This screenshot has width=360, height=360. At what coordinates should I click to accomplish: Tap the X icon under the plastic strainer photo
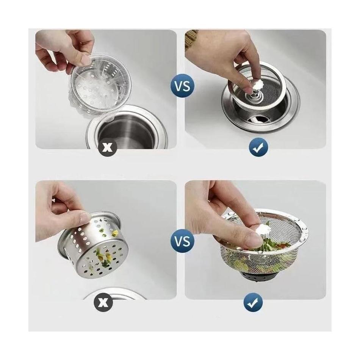pos(109,147)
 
